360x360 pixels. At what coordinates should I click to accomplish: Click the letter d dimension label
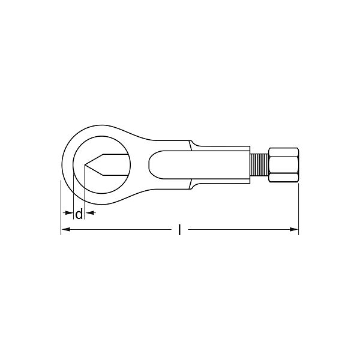click(x=79, y=214)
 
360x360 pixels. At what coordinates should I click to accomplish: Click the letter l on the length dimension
click(x=179, y=230)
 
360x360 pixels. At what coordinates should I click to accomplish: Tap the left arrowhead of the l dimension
click(x=66, y=229)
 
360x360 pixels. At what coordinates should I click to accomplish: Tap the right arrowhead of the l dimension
click(x=293, y=229)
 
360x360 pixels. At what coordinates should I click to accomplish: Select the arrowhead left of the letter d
click(x=68, y=213)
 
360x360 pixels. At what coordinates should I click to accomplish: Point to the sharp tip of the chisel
click(x=85, y=165)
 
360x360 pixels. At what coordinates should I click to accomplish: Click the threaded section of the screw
click(x=259, y=165)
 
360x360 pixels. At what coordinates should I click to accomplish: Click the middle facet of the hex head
click(x=284, y=165)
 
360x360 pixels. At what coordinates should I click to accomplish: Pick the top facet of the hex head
click(x=284, y=152)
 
